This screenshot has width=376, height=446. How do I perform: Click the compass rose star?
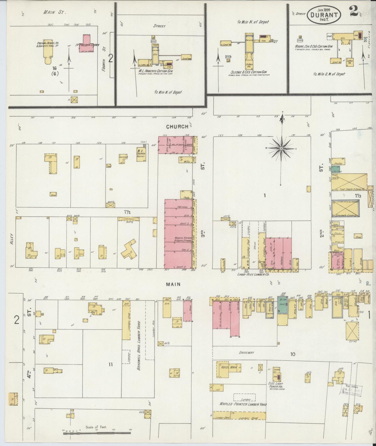click(x=281, y=148)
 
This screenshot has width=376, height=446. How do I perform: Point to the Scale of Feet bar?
click(x=97, y=433)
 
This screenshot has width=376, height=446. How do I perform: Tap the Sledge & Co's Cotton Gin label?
click(x=250, y=72)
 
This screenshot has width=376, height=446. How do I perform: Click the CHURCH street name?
click(x=177, y=127)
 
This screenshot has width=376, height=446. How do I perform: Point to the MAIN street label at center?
click(x=174, y=284)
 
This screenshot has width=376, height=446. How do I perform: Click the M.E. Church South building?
click(x=142, y=155)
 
